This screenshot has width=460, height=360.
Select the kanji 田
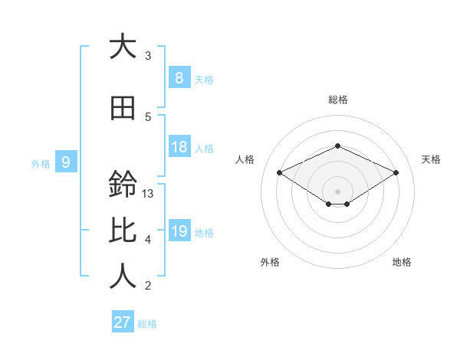(x=123, y=109)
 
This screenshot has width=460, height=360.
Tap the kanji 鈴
(x=123, y=185)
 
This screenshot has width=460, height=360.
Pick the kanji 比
(x=123, y=231)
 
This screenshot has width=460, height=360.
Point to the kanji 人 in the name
(x=123, y=276)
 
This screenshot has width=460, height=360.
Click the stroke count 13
(x=148, y=194)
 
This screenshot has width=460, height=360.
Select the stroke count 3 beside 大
(x=148, y=56)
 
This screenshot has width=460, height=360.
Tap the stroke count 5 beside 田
(x=148, y=117)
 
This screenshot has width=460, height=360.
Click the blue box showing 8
(x=179, y=78)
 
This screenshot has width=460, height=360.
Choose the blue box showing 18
(x=179, y=147)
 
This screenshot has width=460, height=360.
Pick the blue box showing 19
(x=179, y=231)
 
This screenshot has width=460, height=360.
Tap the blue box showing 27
(x=123, y=322)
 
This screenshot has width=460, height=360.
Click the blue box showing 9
(x=66, y=162)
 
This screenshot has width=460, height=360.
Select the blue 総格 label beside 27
(x=148, y=324)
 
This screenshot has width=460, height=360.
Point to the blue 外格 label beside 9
(x=41, y=163)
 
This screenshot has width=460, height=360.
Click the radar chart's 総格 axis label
(x=337, y=100)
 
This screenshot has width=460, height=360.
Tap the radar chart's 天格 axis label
(x=432, y=159)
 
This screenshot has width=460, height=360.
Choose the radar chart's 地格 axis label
(x=402, y=262)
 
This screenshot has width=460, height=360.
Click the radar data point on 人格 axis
(x=280, y=172)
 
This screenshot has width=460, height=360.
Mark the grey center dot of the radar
(x=337, y=191)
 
